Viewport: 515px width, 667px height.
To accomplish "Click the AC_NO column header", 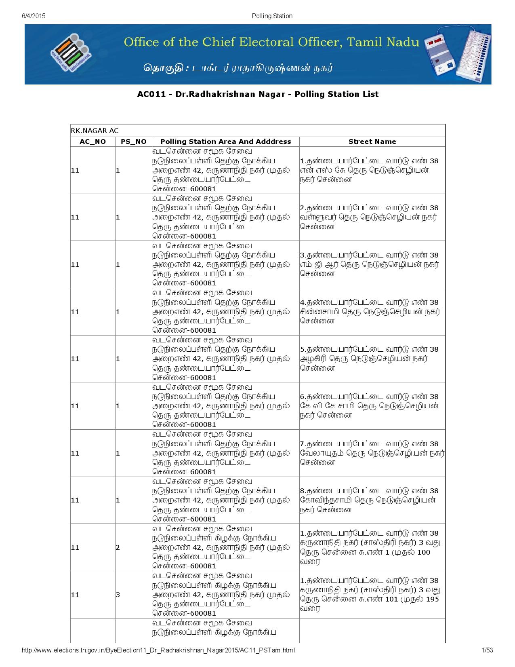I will tap(92, 141).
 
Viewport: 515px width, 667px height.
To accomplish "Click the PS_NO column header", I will tap(133, 141).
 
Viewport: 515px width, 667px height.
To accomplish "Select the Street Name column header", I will tap(372, 141).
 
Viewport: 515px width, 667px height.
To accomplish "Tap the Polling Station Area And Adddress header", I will tap(225, 141).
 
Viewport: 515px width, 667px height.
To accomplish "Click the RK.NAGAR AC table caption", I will tap(95, 131).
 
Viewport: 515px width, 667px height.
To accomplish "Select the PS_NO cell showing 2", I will tap(118, 547).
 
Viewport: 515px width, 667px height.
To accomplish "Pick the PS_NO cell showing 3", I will tap(118, 595).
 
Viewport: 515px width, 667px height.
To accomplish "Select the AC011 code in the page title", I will tap(149, 94).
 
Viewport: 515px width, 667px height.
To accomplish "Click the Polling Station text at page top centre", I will tap(272, 16).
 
